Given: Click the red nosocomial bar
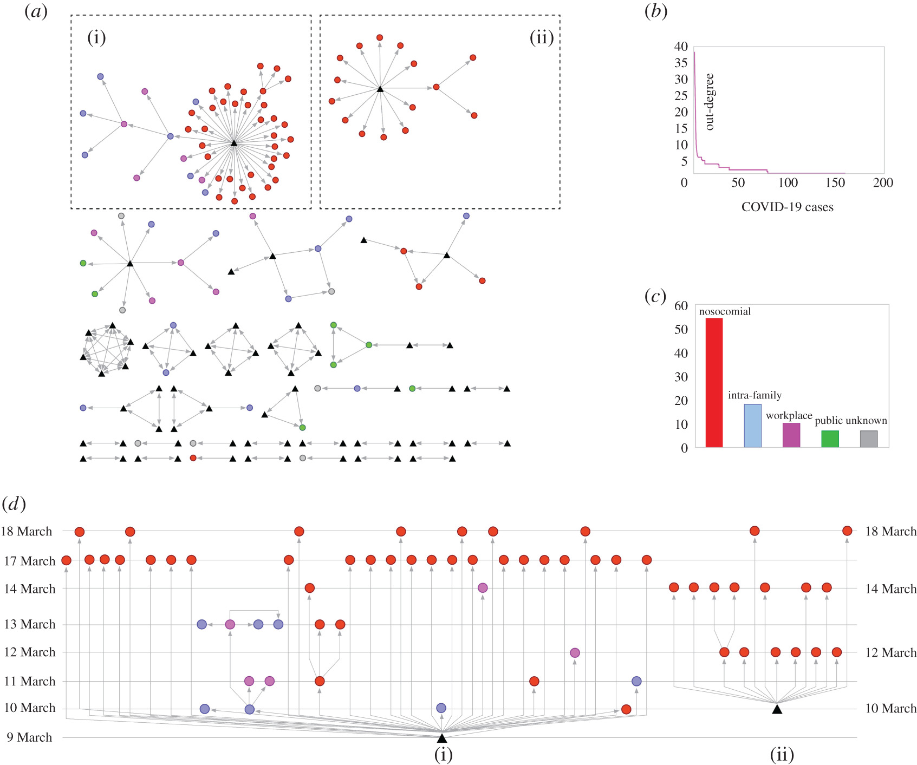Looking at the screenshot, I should pyautogui.click(x=714, y=382).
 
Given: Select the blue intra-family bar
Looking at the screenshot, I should pyautogui.click(x=752, y=426).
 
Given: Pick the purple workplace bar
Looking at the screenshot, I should pyautogui.click(x=791, y=435).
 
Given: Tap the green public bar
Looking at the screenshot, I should pyautogui.click(x=830, y=439).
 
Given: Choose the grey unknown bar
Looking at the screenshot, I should pyautogui.click(x=869, y=439).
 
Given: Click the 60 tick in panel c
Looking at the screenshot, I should pyautogui.click(x=681, y=306).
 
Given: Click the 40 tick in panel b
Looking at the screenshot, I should pyautogui.click(x=681, y=47).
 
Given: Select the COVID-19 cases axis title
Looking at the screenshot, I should pyautogui.click(x=787, y=207).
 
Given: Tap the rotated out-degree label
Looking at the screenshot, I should pyautogui.click(x=710, y=102).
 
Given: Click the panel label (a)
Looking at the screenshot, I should pyautogui.click(x=36, y=12).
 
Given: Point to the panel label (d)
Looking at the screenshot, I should pyautogui.click(x=14, y=504).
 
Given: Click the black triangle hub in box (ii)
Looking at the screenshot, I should pyautogui.click(x=380, y=88).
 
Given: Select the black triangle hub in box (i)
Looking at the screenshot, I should pyautogui.click(x=234, y=143).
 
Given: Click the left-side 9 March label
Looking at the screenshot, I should pyautogui.click(x=30, y=737).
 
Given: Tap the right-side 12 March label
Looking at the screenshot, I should pyautogui.click(x=890, y=652).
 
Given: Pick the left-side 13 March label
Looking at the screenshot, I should pyautogui.click(x=30, y=624).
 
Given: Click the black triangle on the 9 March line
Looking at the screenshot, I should pyautogui.click(x=442, y=738).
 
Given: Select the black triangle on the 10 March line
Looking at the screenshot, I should pyautogui.click(x=777, y=709).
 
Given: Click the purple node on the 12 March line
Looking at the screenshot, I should pyautogui.click(x=575, y=653).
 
